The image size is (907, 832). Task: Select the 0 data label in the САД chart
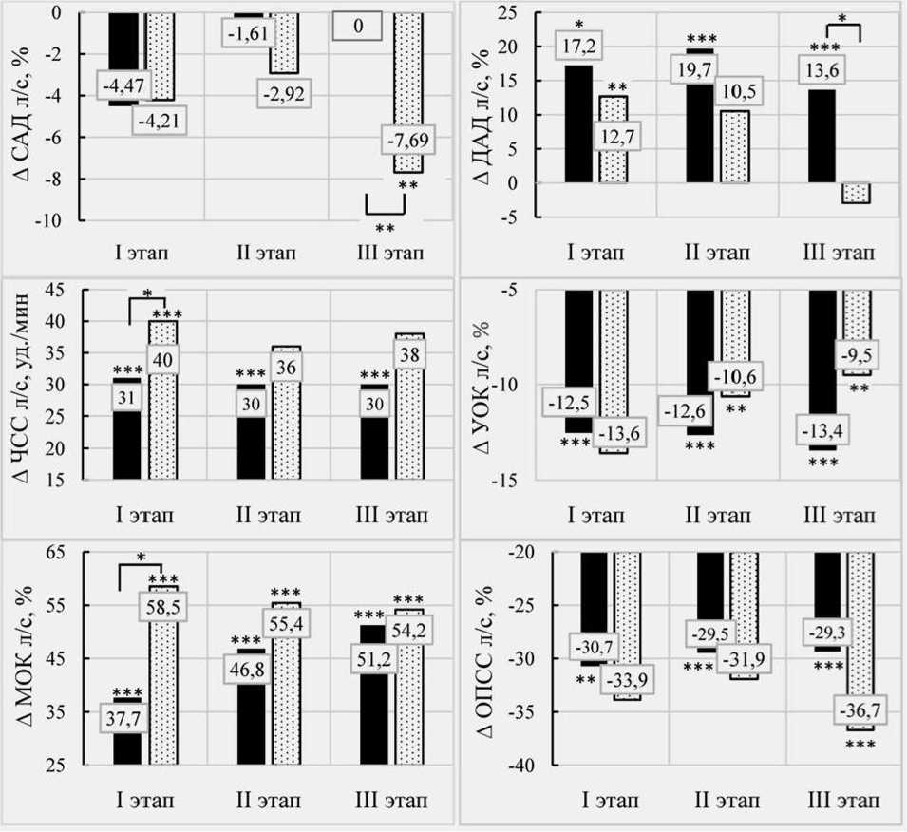(x=357, y=27)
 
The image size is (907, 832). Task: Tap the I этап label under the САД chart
(x=140, y=255)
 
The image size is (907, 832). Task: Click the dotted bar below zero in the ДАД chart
(x=857, y=193)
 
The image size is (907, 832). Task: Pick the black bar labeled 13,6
(x=822, y=133)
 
